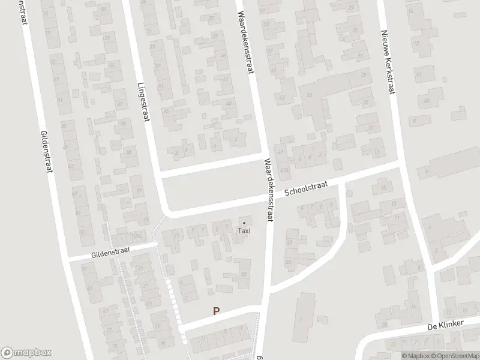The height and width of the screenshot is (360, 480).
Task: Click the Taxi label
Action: coord(244,230)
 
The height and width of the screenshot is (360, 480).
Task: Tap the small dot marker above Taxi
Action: coord(244,223)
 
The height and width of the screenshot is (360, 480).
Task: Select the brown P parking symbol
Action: coord(216,311)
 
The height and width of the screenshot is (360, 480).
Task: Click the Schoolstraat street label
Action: coord(305,189)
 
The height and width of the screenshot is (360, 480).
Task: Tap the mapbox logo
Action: coord(26,352)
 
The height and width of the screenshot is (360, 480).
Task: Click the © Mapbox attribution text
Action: coord(416,356)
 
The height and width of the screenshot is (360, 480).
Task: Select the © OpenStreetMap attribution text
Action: coord(454,356)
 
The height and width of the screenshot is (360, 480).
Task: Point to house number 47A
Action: coord(284,170)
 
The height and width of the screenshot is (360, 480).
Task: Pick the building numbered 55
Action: coord(289,262)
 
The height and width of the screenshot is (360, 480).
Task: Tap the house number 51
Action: coord(289,242)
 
